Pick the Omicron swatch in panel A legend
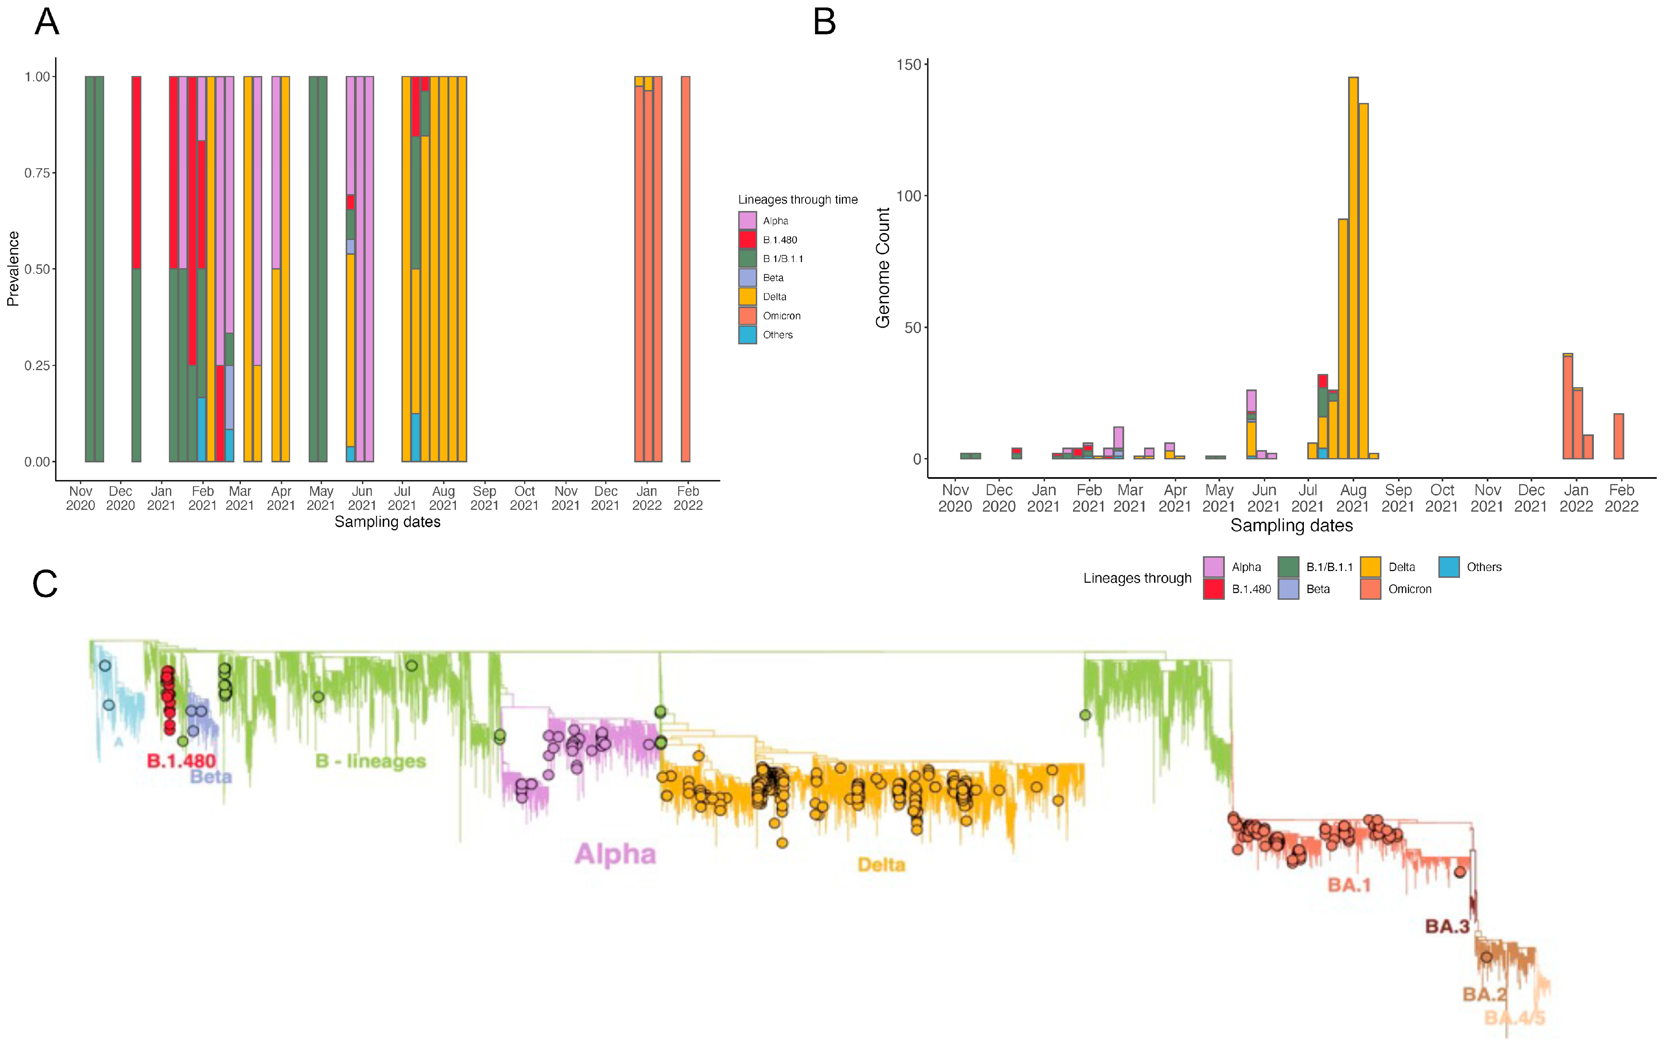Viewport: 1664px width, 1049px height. click(x=747, y=316)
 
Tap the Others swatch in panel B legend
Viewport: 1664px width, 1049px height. click(x=1448, y=567)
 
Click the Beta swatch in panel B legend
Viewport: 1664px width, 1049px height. click(x=1288, y=589)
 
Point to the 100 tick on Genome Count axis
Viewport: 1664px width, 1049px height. click(x=909, y=196)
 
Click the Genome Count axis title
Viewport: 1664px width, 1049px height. click(x=882, y=268)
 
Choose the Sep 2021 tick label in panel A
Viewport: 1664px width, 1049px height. click(x=484, y=498)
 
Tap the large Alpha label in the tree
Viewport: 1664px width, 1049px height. click(x=615, y=854)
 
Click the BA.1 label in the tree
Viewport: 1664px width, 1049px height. click(x=1348, y=885)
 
